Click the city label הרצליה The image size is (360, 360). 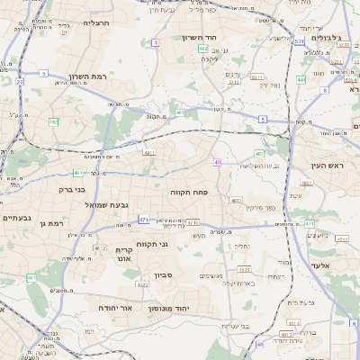pyautogui.click(x=95, y=22)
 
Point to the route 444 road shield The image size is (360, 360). pyautogui.click(x=300, y=80)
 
